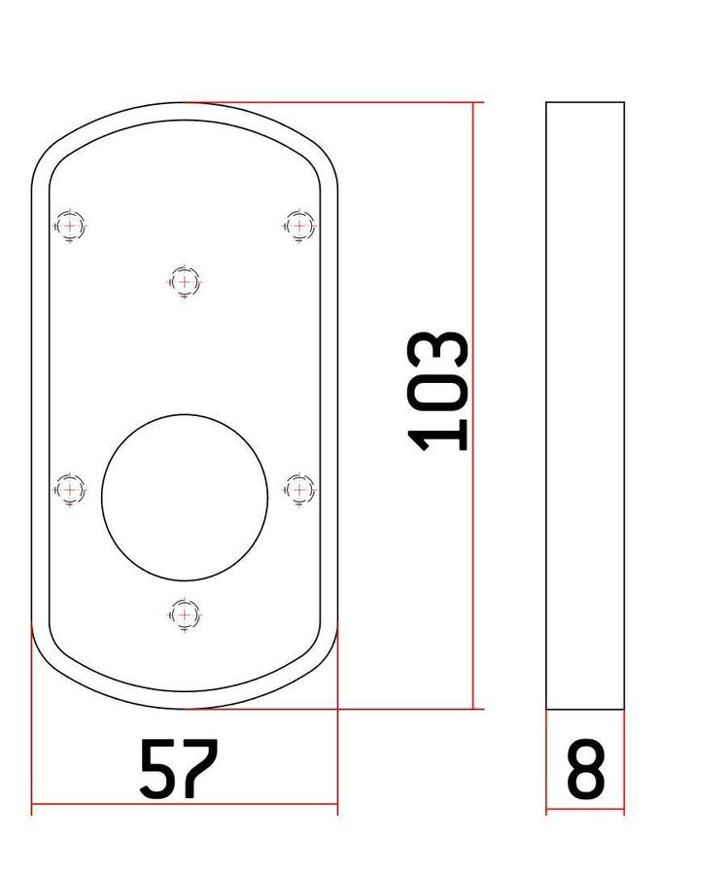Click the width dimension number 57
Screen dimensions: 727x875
click(178, 768)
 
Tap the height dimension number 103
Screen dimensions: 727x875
click(438, 391)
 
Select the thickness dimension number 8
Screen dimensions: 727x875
click(586, 768)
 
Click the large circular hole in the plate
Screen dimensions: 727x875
click(185, 498)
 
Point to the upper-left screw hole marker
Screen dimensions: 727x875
click(70, 226)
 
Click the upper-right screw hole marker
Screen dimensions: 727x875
click(299, 226)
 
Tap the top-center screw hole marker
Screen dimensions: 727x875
click(185, 282)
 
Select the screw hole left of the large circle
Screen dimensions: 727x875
click(70, 490)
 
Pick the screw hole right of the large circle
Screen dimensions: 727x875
click(299, 490)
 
